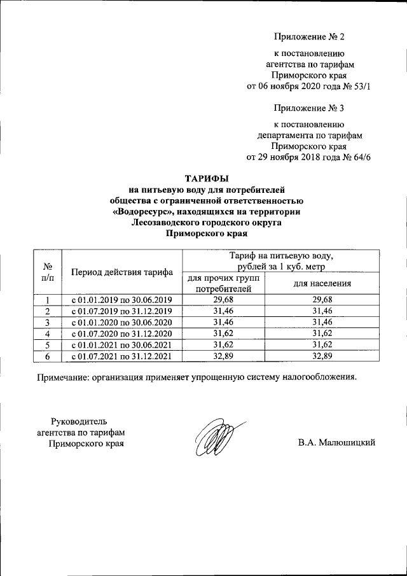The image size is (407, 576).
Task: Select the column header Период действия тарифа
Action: coord(123,272)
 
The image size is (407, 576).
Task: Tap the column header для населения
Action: coord(322,283)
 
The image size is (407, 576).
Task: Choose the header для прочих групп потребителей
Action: coord(223,283)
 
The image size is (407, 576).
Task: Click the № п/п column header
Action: coord(48,272)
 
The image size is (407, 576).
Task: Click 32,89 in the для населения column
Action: coord(323,356)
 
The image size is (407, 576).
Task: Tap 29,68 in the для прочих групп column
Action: coord(223,299)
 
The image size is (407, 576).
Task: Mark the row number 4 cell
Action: coord(48,334)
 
